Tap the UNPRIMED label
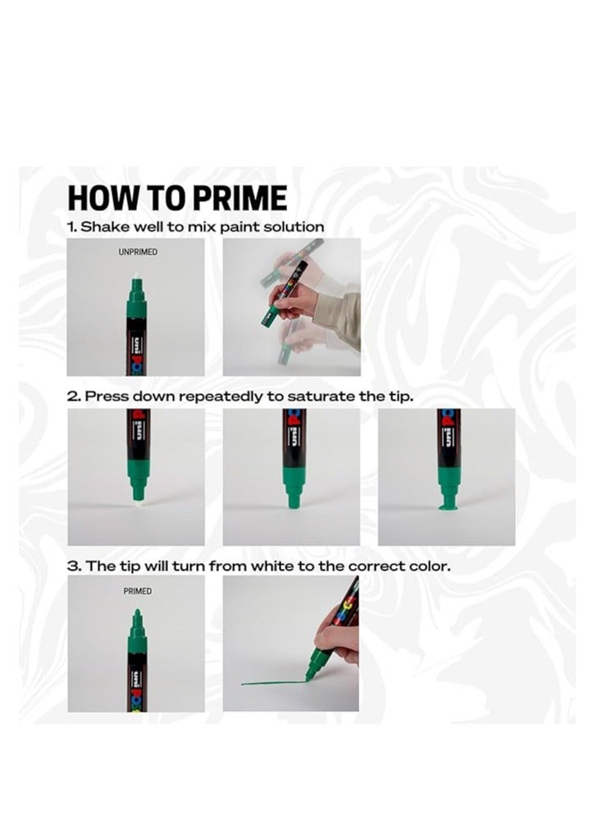[137, 252]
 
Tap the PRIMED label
[137, 590]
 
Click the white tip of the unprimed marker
[136, 283]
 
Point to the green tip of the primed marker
[136, 615]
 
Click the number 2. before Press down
[74, 397]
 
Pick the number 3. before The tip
[74, 566]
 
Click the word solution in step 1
[294, 227]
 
